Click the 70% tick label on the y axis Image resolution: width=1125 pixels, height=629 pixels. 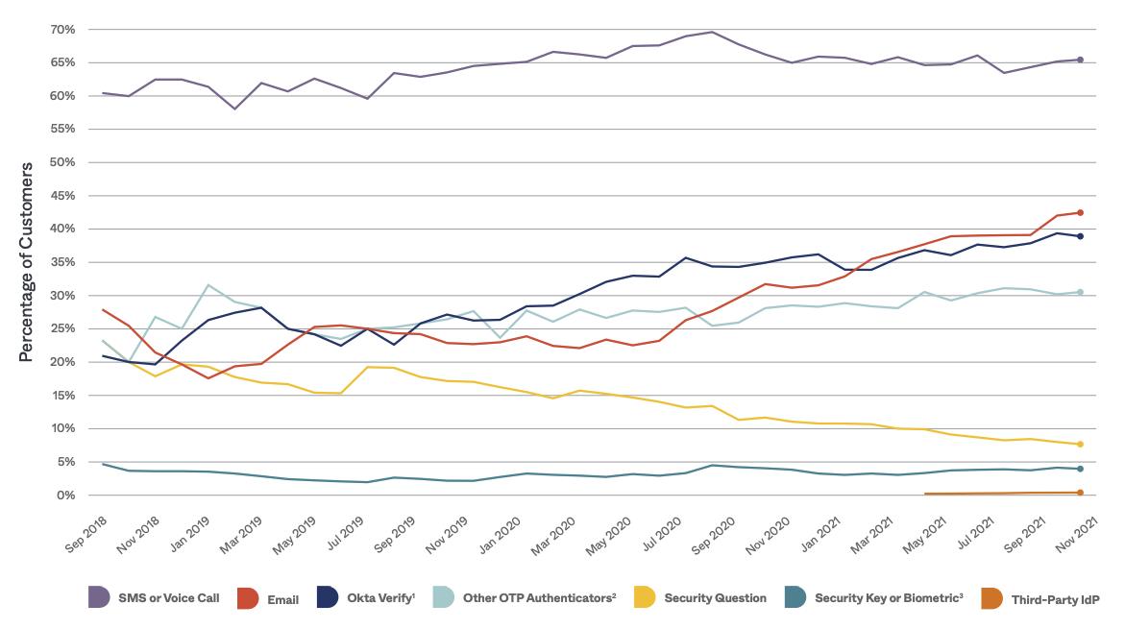coord(62,30)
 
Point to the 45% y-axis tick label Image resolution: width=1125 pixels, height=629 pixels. coord(62,196)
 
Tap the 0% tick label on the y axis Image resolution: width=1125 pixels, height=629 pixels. coord(66,496)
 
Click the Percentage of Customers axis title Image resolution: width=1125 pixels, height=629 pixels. coord(27,262)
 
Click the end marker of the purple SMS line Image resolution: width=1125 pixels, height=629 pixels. coord(1080,60)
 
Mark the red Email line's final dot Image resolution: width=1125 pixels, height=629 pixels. coord(1080,212)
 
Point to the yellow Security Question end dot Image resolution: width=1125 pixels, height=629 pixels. coord(1080,444)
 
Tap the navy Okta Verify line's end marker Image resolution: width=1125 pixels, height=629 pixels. coord(1080,236)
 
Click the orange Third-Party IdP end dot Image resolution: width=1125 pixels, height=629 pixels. coord(1080,493)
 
